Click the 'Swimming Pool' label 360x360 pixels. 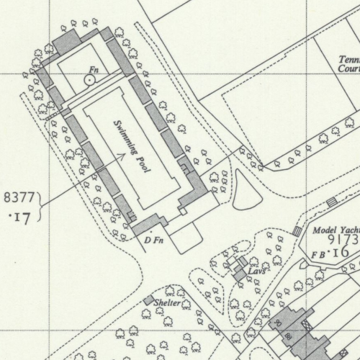coord(132,143)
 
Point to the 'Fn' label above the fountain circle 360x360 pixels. coord(91,70)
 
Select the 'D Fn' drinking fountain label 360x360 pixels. coord(153,239)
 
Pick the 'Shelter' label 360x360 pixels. coord(167,304)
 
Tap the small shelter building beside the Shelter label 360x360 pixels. coord(148,300)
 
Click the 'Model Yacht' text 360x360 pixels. coord(336,230)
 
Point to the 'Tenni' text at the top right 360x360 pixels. coord(349,61)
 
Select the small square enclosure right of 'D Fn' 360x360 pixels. coord(185,237)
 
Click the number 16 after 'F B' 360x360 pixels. coord(341,253)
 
